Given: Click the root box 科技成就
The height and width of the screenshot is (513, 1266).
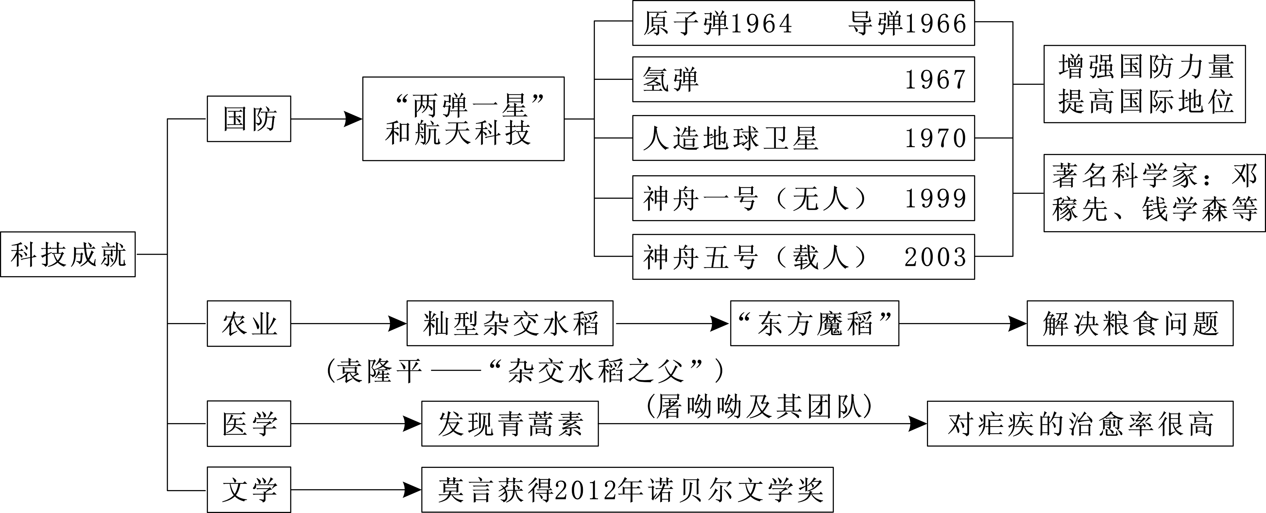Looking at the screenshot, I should pos(68,254).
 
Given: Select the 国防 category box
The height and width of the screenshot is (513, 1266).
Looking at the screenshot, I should pos(249,119).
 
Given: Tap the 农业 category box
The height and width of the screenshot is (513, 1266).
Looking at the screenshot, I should pos(249,323).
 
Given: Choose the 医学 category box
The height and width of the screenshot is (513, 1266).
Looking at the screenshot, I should pos(249,423).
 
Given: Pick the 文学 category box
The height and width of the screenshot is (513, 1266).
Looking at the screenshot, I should pos(249,490).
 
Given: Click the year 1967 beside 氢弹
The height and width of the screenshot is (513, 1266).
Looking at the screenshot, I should pos(935,79).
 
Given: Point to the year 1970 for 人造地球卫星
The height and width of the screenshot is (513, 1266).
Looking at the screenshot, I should pos(935,138).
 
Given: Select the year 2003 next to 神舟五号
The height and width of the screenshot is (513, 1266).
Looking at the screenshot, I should pos(935,257).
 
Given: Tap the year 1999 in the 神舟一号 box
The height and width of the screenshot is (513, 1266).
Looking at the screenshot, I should pos(935,198).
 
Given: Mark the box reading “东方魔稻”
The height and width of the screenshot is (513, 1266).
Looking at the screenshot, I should pos(814,324).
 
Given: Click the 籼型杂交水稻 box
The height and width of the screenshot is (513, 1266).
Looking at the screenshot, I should pos(510,324).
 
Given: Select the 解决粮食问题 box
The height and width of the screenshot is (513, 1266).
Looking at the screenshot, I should pos(1130,324).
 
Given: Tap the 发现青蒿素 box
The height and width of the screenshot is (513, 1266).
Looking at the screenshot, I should pos(510,423).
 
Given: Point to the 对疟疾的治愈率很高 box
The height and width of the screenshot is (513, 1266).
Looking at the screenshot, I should pos(1080,423).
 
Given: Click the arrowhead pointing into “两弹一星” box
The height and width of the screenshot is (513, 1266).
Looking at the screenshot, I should pos(352,119).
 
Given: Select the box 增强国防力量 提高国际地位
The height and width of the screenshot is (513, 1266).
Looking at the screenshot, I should pos(1144,84).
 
